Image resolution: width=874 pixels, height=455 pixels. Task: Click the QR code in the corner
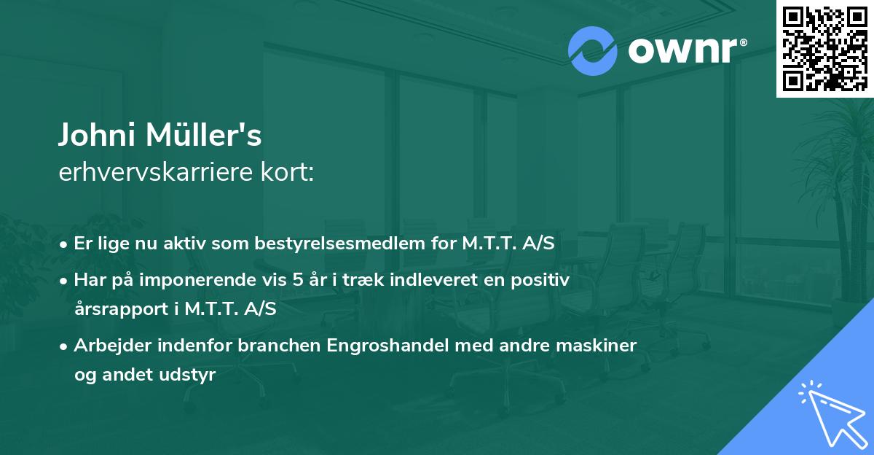tap(824, 49)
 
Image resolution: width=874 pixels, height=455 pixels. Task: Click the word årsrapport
tap(119, 309)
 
